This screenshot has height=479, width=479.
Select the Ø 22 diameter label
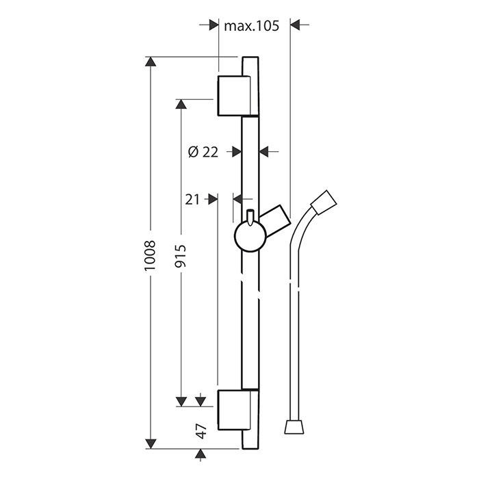202,152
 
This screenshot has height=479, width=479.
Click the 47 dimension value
200,431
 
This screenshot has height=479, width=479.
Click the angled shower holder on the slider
276,220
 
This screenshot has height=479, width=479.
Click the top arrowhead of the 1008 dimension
151,63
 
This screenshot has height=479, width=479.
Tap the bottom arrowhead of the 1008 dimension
151,444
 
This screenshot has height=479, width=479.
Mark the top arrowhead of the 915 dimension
181,104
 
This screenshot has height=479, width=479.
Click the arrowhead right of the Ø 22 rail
266,151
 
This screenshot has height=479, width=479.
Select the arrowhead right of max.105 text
296,25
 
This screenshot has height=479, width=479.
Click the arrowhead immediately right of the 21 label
211,199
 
